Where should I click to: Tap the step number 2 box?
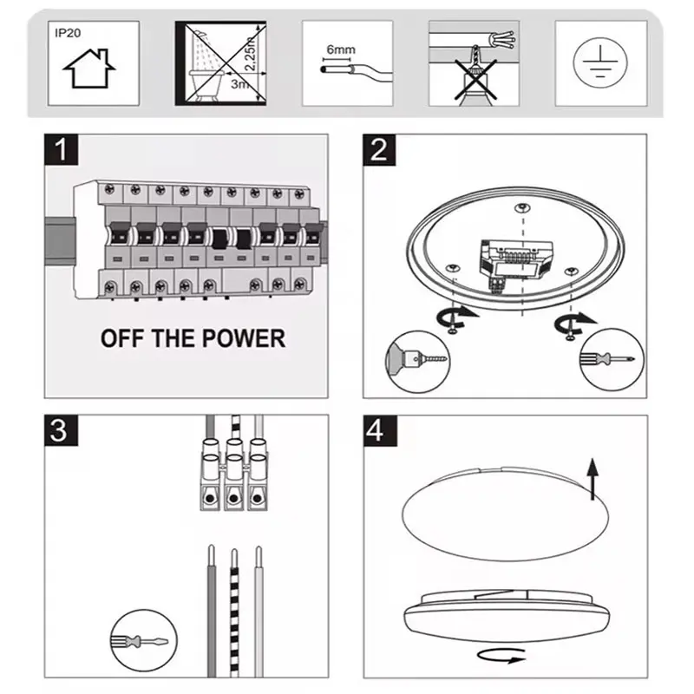click(378, 151)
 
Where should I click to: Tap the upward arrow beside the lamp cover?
click(592, 479)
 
